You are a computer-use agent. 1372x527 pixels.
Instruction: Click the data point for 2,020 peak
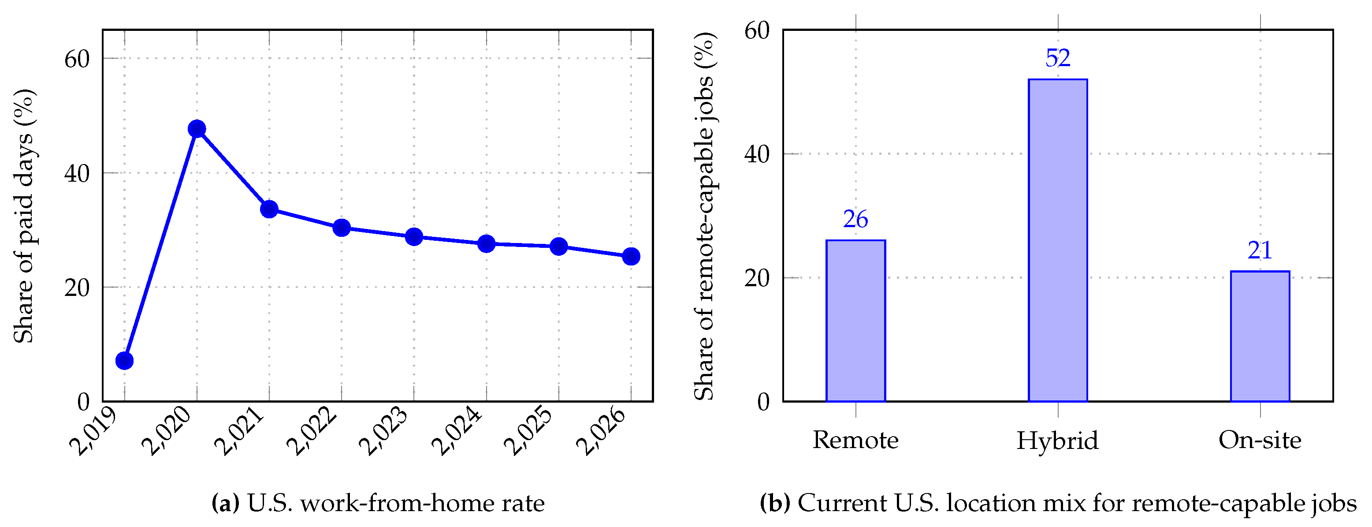pos(197,128)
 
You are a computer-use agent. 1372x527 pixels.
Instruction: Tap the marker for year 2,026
pos(631,256)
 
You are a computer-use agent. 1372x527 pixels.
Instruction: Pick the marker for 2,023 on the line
pos(414,236)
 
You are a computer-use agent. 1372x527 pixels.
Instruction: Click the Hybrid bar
pos(1058,240)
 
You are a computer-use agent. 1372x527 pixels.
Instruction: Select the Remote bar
pos(855,320)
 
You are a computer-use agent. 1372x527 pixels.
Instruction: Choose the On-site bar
pos(1260,336)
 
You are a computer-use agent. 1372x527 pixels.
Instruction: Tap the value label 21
pos(1260,250)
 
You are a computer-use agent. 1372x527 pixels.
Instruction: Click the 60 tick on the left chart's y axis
pos(77,59)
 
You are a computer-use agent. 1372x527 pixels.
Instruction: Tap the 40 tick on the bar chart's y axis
pos(757,154)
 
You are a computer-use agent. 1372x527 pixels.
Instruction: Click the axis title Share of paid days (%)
pos(24,216)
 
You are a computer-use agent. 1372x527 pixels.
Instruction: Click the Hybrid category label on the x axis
pos(1058,441)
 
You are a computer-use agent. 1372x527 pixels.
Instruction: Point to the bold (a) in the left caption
pos(225,503)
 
